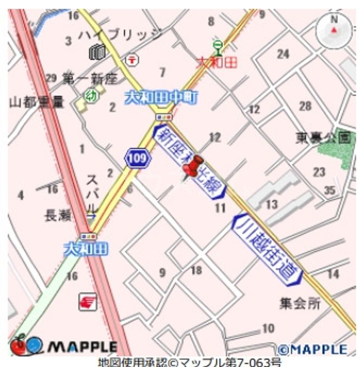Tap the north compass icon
click(334, 30)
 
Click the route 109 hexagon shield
click(138, 158)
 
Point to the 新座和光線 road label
click(189, 162)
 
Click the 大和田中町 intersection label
click(161, 97)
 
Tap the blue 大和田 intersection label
click(86, 249)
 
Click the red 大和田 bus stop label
click(217, 62)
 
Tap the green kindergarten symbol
click(91, 95)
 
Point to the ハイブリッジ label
click(121, 35)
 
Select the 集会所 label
click(300, 304)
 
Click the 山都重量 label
click(37, 102)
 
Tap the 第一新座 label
click(90, 78)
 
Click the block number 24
click(283, 54)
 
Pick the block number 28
click(305, 106)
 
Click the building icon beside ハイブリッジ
click(97, 51)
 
